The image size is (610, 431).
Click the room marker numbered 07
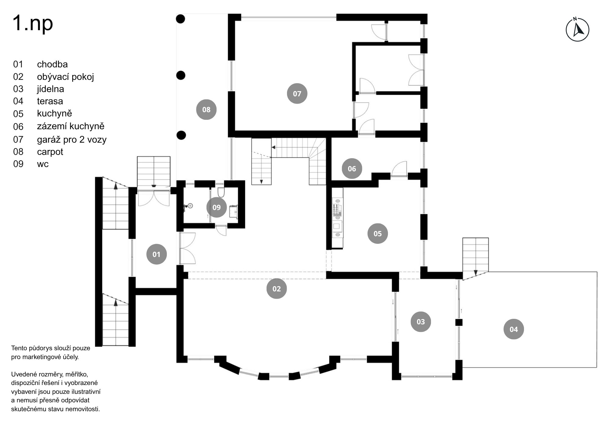297,94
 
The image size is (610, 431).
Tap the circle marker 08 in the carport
206,109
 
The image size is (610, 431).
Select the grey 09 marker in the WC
216,207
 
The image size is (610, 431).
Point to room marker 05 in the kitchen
377,233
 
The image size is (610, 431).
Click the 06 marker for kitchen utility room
352,169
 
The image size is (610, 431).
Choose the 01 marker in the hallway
156,254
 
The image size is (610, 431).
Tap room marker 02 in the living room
276,289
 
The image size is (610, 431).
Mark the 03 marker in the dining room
421,322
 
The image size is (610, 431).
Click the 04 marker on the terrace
514,329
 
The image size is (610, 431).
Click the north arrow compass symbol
577,30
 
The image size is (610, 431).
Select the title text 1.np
33,23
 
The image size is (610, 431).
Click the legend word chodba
52,64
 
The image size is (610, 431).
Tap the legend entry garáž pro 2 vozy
72,140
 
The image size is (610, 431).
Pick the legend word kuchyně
54,113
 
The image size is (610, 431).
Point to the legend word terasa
50,101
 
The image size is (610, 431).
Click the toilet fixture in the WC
221,192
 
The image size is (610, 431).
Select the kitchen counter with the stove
337,218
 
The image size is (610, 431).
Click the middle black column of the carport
181,75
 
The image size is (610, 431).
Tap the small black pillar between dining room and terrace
459,322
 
